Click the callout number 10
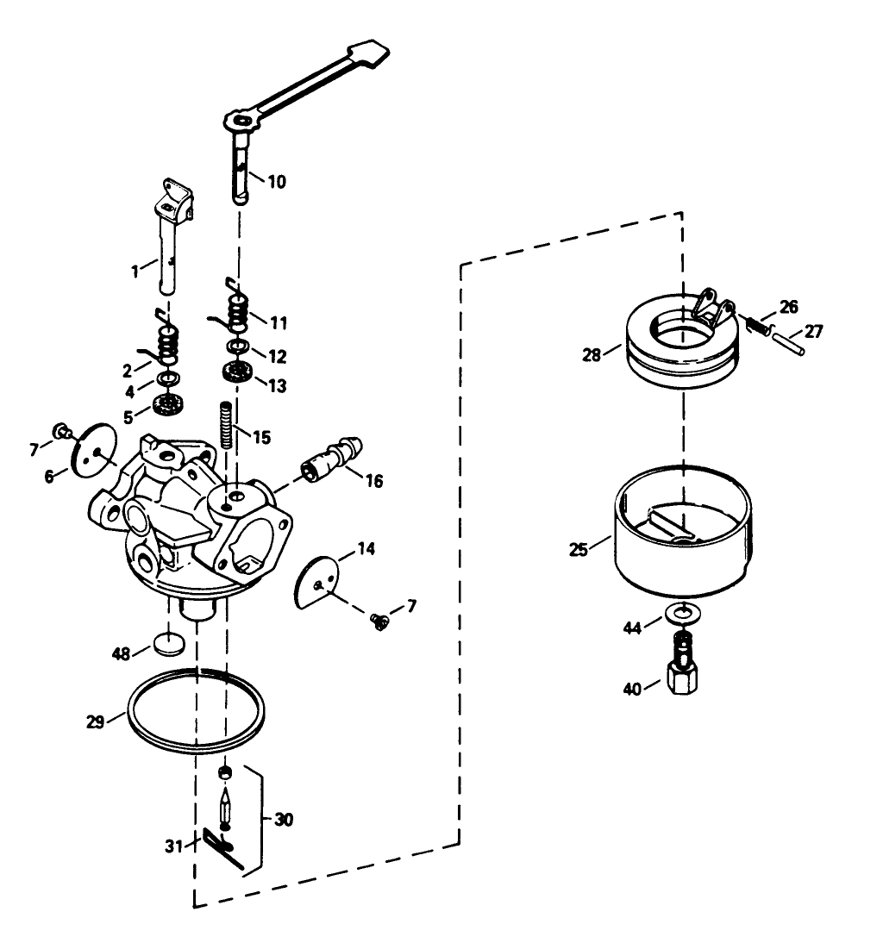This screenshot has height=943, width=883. (276, 182)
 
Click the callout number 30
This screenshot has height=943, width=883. (283, 819)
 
